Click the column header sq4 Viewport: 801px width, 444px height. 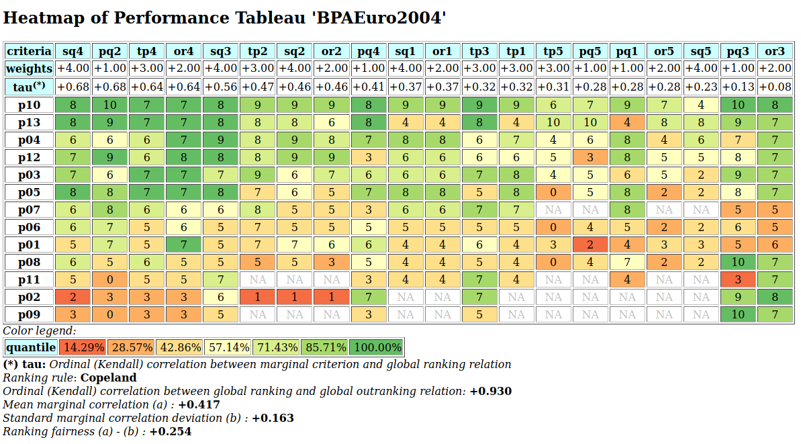coord(73,51)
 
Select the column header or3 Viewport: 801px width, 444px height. coord(774,51)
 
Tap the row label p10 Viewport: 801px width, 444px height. coord(29,104)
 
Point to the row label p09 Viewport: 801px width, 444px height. coord(29,314)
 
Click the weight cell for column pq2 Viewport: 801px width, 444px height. coord(110,68)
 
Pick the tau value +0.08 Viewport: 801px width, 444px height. coord(774,86)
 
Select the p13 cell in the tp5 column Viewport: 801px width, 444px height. coord(553,122)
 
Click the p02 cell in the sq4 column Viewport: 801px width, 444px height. coord(73,296)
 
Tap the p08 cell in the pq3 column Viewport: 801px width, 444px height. coord(737,261)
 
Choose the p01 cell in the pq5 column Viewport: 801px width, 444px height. coord(590,244)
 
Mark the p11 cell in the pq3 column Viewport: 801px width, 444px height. coord(737,279)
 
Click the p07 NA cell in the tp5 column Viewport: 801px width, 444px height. coord(553,209)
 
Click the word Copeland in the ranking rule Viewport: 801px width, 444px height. coord(108,378)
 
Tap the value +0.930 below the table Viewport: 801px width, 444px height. coord(490,391)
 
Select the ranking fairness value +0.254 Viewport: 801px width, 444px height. coord(171,431)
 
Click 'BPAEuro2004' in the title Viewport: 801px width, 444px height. coord(378,17)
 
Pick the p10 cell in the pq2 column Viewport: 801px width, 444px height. coord(110,104)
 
